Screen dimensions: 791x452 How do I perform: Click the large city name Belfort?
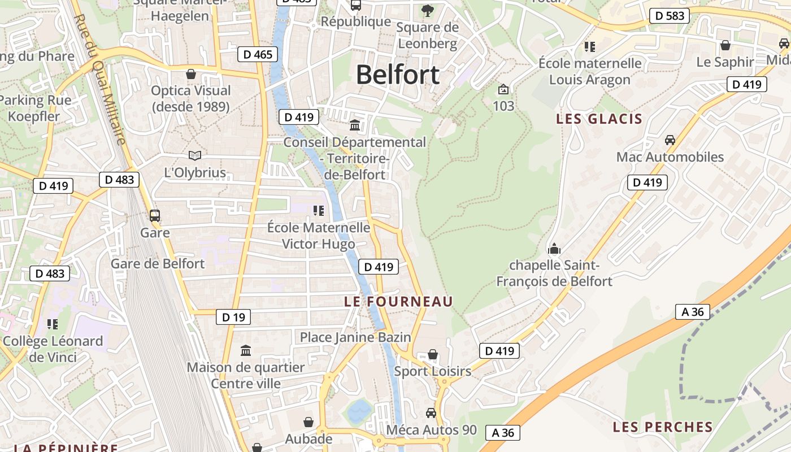(x=398, y=75)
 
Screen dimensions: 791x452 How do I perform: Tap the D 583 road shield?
(x=670, y=16)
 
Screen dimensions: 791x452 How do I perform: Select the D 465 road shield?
(x=258, y=54)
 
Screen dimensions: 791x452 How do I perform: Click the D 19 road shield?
(x=233, y=317)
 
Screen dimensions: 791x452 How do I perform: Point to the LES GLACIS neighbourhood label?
(x=599, y=119)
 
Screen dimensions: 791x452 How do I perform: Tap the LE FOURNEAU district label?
(x=399, y=302)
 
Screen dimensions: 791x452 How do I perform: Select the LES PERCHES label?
(x=663, y=427)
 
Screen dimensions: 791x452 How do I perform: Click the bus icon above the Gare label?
(x=154, y=215)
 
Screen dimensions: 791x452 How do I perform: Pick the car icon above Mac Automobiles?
(x=670, y=140)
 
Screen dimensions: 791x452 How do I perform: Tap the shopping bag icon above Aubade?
(x=308, y=422)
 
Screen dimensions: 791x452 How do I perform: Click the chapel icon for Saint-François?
(x=554, y=249)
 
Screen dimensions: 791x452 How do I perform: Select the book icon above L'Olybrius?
(x=195, y=155)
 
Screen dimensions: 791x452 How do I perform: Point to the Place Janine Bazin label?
(x=355, y=337)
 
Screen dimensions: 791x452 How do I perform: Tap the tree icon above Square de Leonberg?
(x=428, y=10)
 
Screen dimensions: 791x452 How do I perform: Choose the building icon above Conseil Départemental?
(x=355, y=125)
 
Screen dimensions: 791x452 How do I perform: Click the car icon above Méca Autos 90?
(x=431, y=413)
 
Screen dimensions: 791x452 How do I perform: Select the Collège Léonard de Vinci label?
(x=53, y=349)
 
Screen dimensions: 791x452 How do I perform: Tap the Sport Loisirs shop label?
(x=432, y=371)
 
